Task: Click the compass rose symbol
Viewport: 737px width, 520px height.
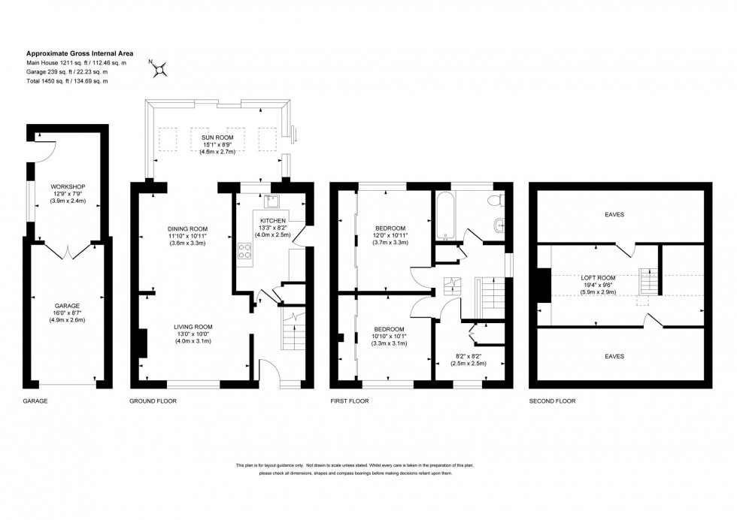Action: pos(159,68)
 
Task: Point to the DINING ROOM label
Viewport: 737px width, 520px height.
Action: pos(188,228)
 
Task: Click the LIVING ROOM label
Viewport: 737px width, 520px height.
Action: pos(194,327)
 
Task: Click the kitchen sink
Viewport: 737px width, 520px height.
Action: pos(272,200)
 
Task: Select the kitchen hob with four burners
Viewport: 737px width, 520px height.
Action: pos(246,252)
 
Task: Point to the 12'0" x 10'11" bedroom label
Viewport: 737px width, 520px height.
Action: pos(390,235)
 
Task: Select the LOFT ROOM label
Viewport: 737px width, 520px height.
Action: pos(599,277)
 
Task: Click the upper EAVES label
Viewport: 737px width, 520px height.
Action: pos(614,214)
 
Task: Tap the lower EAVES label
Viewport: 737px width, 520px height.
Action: pos(614,355)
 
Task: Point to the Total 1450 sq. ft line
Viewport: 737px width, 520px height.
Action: pos(68,80)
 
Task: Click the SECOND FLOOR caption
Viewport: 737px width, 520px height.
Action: pos(553,401)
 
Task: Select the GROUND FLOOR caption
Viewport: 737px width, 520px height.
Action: pos(153,401)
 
